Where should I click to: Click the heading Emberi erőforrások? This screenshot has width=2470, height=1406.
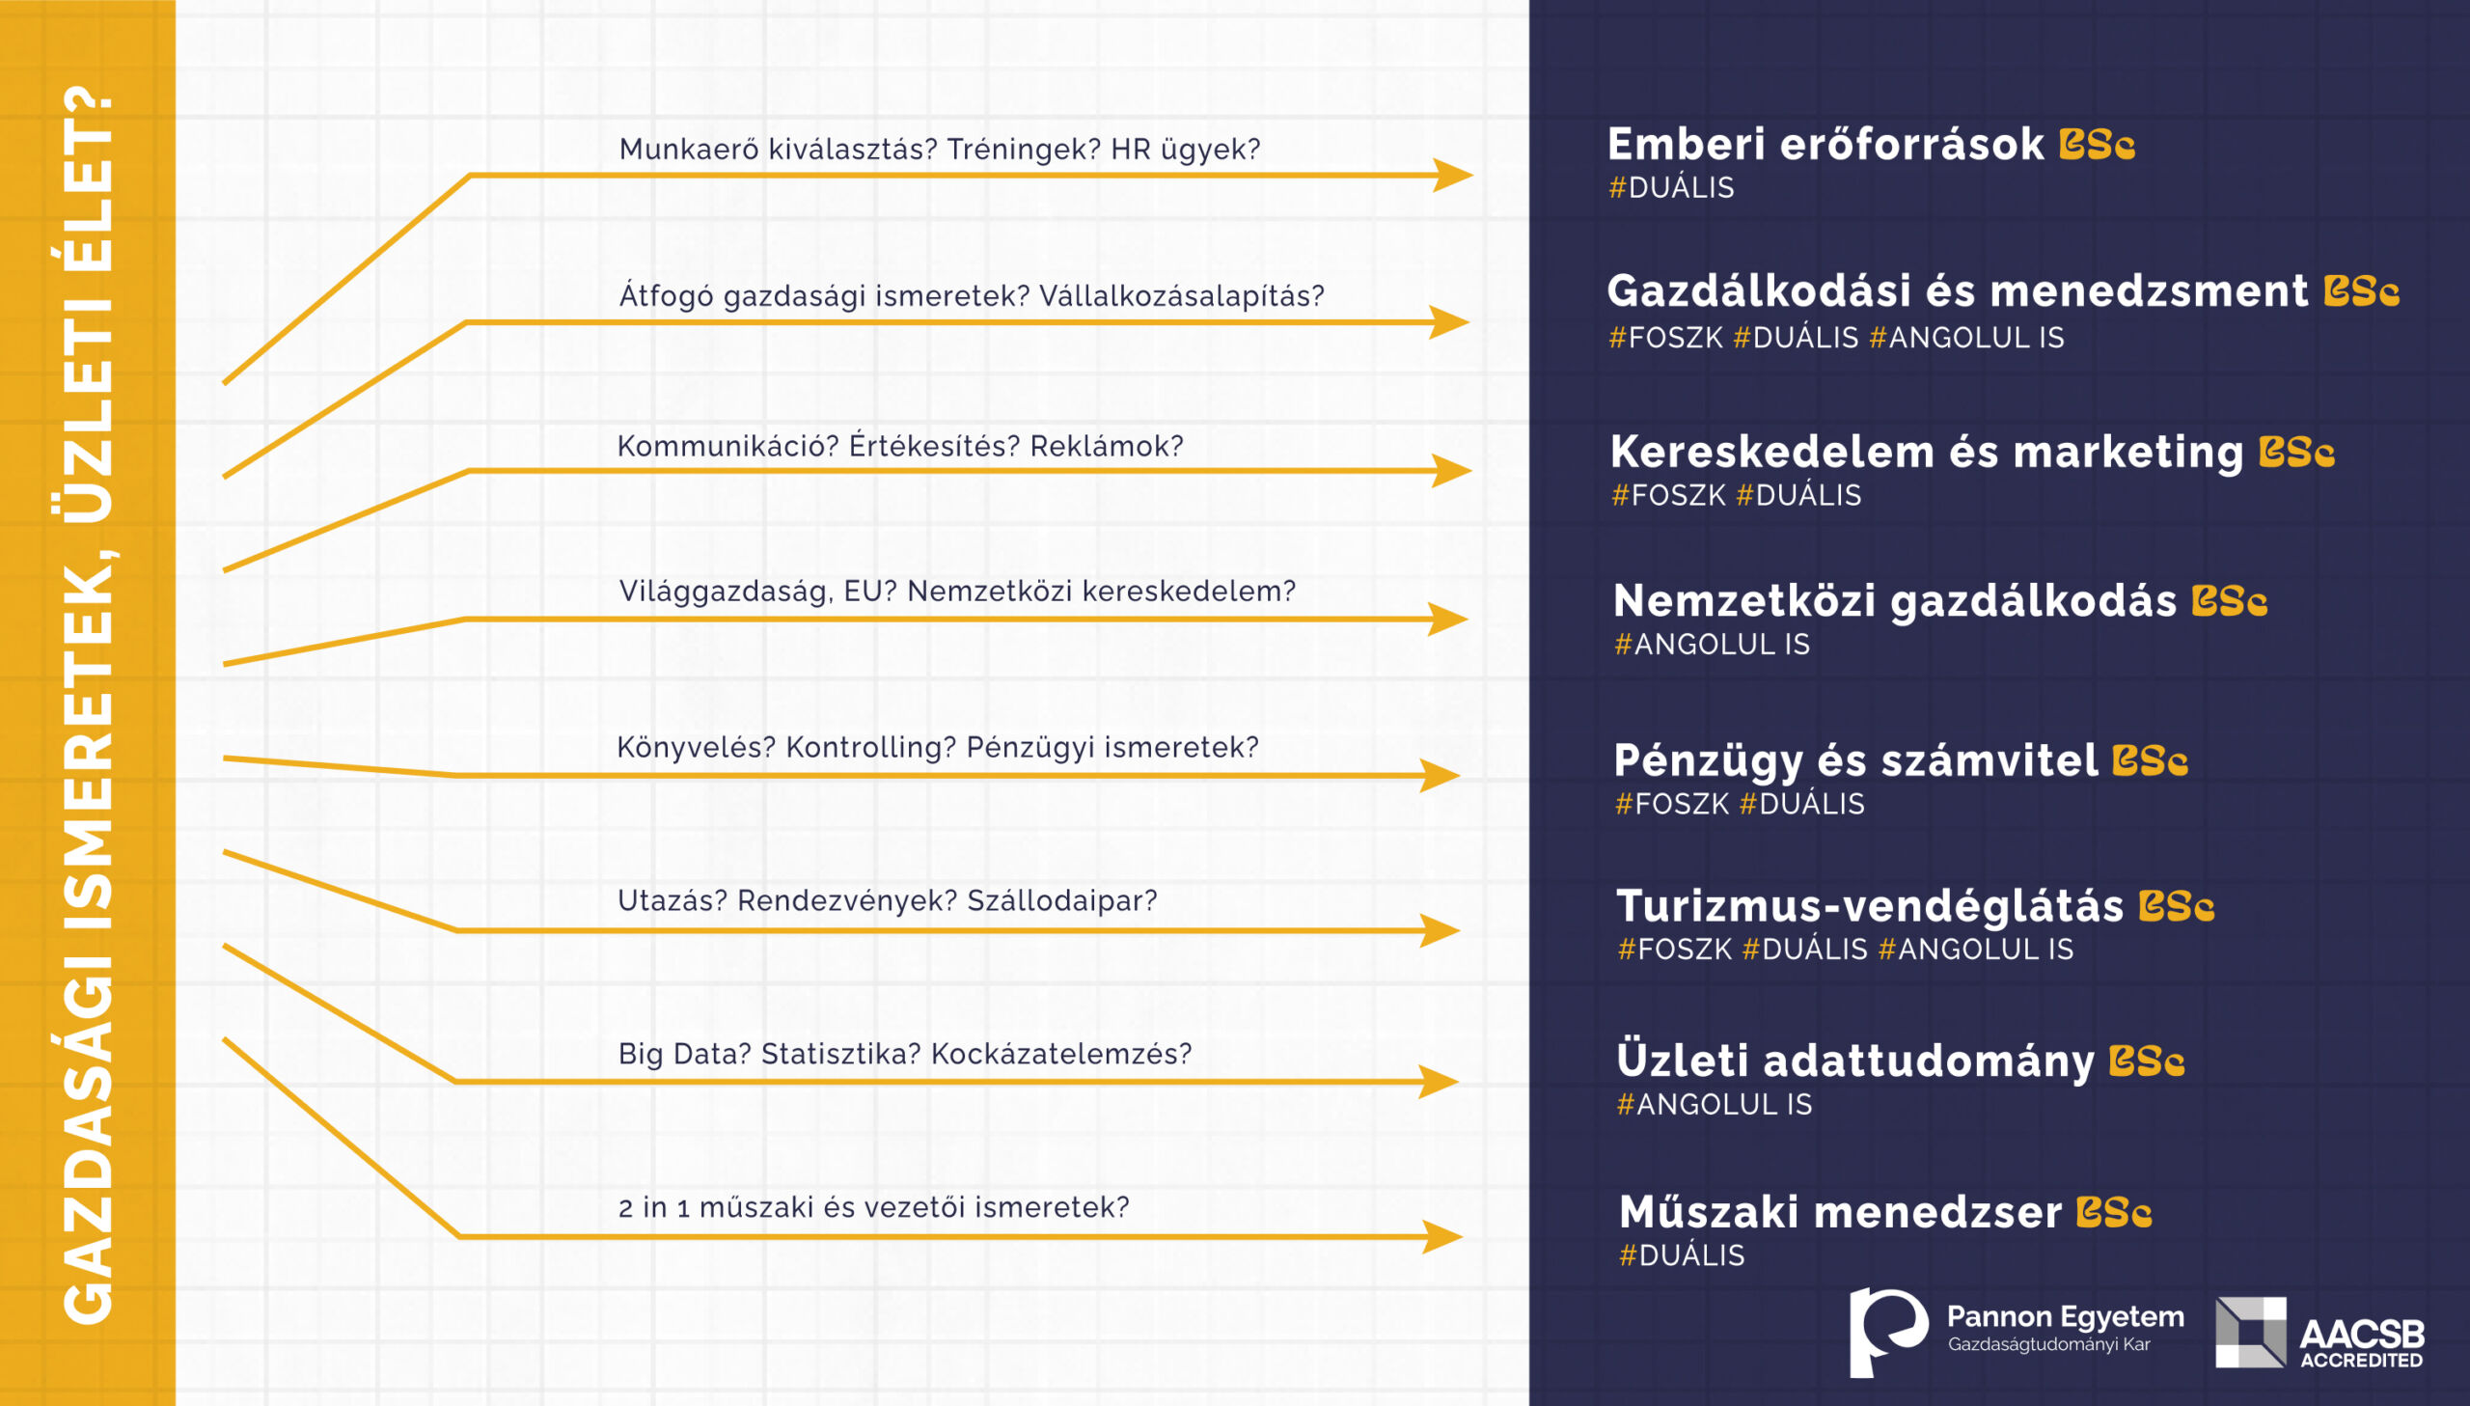[x=1825, y=145]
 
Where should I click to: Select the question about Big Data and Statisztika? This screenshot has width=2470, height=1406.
[x=904, y=1054]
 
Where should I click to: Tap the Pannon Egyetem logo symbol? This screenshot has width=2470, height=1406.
[x=1888, y=1332]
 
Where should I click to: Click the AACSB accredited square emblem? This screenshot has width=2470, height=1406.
[x=2251, y=1333]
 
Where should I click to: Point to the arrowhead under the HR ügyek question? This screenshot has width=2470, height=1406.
[x=1453, y=175]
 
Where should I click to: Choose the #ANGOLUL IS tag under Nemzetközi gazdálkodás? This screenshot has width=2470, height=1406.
[x=1712, y=644]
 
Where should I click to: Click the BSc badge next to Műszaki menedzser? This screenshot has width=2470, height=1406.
[x=2114, y=1213]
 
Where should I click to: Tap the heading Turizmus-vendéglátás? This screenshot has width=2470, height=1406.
[x=1870, y=906]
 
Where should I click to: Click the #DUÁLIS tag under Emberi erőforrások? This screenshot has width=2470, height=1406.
[x=1671, y=187]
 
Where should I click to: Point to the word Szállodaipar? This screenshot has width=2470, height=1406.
[x=1061, y=901]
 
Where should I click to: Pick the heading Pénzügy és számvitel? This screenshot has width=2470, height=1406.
[x=1855, y=762]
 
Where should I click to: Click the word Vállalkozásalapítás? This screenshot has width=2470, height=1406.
[x=1181, y=295]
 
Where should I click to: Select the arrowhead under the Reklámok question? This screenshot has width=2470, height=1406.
[x=1452, y=470]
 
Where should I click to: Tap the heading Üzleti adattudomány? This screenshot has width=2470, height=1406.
[x=1855, y=1060]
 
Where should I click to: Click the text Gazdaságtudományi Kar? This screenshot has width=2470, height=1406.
[x=2048, y=1344]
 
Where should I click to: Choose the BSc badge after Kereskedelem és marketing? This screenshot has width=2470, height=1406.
[x=2296, y=452]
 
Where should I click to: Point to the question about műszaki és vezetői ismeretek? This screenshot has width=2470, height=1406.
[x=873, y=1207]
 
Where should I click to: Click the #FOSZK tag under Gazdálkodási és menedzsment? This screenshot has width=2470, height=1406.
[x=1665, y=337]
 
